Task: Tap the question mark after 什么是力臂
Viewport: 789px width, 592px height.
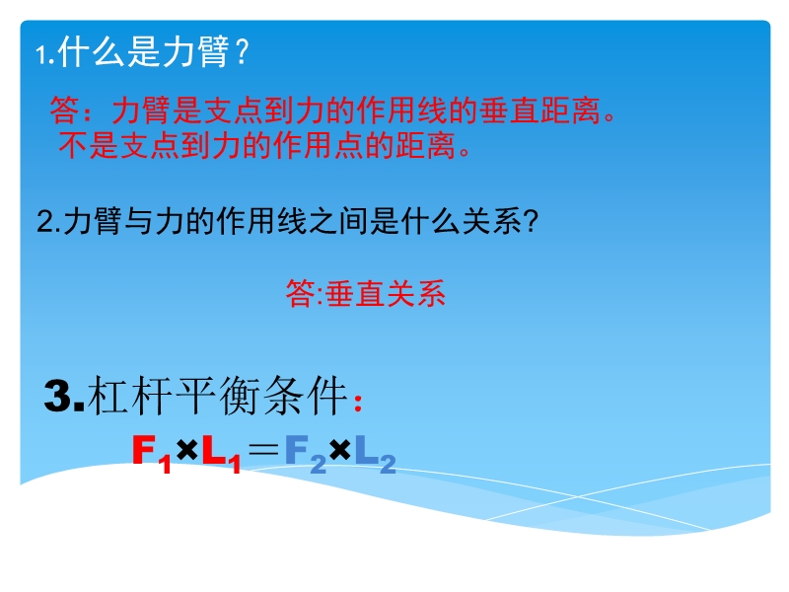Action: click(242, 51)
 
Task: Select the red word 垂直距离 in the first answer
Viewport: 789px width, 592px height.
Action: click(539, 111)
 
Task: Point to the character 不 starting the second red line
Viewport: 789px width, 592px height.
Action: click(73, 145)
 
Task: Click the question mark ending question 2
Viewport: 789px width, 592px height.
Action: click(531, 220)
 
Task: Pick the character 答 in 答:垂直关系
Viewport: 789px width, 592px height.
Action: click(301, 293)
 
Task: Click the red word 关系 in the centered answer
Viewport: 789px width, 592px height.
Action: click(415, 293)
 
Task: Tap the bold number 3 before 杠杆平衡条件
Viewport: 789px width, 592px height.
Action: click(57, 396)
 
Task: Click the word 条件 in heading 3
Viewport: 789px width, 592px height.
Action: click(306, 396)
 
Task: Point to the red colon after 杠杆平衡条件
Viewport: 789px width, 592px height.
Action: click(358, 403)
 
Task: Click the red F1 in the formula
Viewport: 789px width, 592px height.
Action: click(151, 453)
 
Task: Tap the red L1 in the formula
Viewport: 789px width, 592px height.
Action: click(221, 453)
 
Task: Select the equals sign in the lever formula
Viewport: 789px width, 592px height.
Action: click(263, 450)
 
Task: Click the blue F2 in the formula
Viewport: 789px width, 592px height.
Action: click(306, 453)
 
